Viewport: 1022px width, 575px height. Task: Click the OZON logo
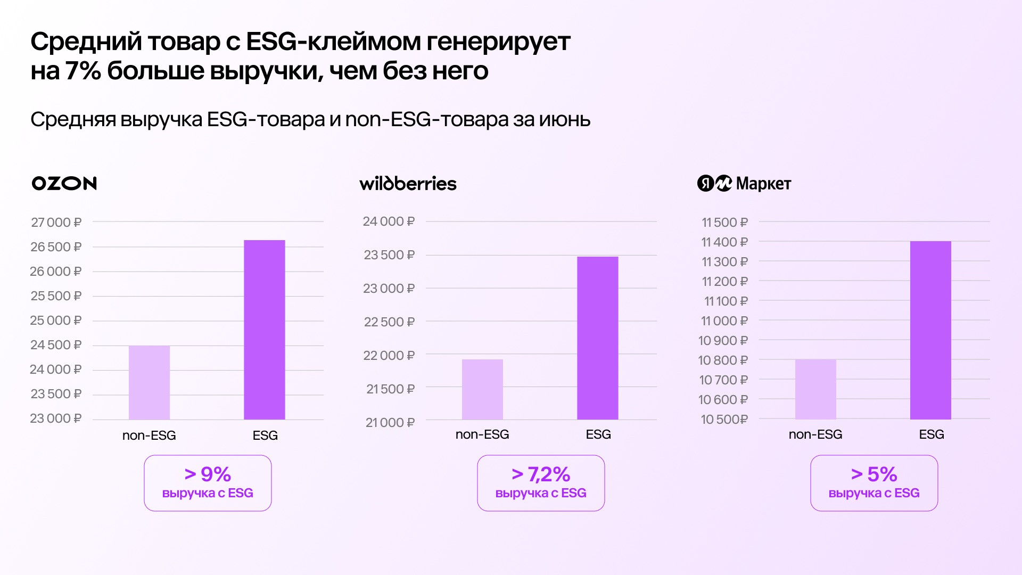click(64, 183)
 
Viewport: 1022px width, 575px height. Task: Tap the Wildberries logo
click(408, 184)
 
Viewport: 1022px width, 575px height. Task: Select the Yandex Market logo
click(744, 184)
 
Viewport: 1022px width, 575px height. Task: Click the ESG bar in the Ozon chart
click(265, 330)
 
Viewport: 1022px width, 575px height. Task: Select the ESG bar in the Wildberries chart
click(598, 338)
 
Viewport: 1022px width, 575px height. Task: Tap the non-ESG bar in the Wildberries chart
click(482, 389)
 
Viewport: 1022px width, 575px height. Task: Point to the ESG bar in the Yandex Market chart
click(930, 330)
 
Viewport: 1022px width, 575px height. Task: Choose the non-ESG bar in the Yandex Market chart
click(815, 389)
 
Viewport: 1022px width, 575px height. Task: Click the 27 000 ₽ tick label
click(56, 223)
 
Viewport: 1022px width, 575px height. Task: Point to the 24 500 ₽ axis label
click(56, 345)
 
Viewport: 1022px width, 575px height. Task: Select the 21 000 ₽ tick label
click(390, 423)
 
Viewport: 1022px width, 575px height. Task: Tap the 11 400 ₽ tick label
click(724, 242)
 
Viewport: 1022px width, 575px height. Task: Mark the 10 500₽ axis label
click(724, 420)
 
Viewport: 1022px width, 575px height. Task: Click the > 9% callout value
click(208, 474)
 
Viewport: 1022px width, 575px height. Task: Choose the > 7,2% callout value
click(541, 474)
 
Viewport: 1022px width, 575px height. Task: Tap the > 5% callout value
click(874, 474)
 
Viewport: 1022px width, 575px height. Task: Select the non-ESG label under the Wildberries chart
click(482, 434)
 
